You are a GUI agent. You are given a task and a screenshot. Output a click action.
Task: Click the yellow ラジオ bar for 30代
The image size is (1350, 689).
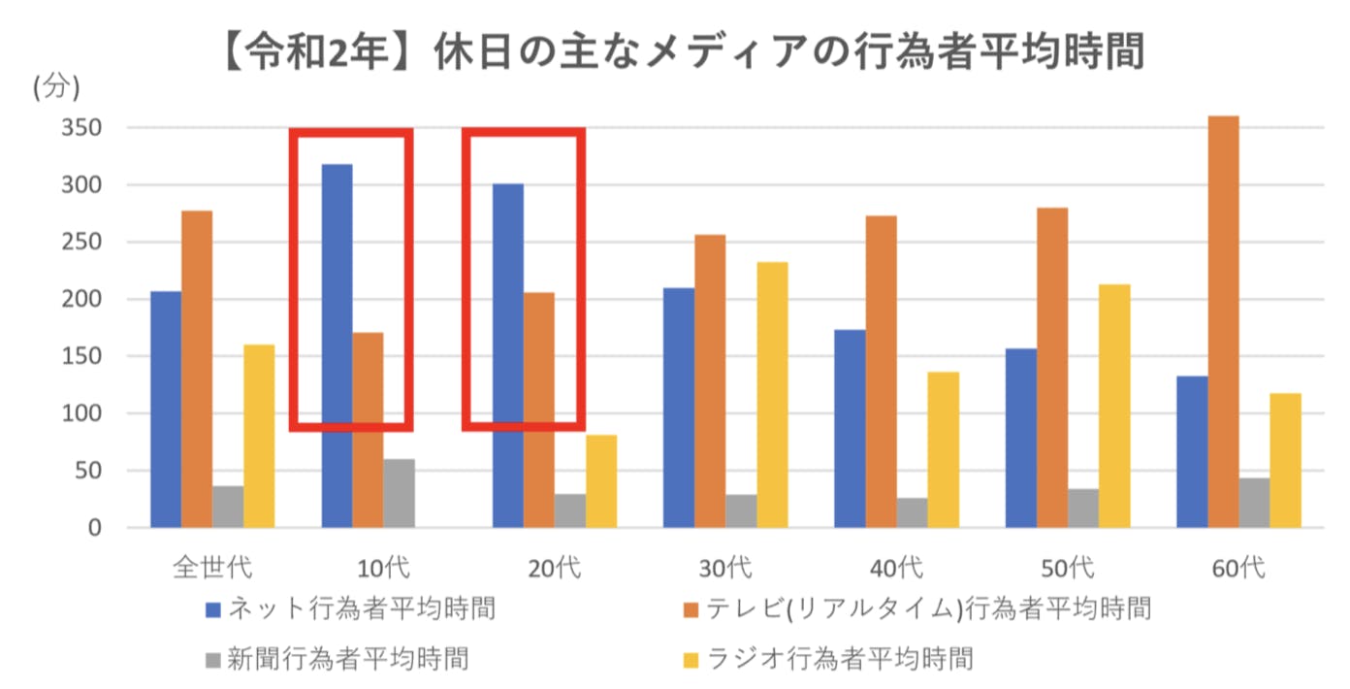(772, 395)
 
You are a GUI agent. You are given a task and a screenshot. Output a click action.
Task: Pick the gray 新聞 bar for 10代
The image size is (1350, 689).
(399, 493)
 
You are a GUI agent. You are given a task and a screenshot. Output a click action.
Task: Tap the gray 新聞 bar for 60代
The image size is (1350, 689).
(1254, 503)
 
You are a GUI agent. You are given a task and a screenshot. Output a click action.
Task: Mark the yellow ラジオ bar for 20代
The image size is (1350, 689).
(601, 481)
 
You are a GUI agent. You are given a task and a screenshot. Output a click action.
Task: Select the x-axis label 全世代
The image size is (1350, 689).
(211, 567)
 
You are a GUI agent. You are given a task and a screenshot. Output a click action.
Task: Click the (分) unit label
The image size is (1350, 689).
(56, 87)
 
